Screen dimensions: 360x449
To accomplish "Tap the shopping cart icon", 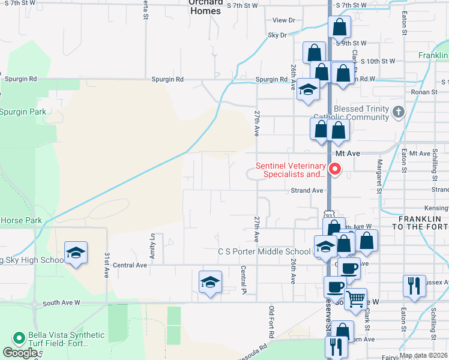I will click(x=356, y=298).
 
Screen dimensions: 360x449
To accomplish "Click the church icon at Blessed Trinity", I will click(x=397, y=112).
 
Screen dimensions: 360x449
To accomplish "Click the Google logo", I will click(x=20, y=353).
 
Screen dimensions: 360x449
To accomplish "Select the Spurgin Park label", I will click(x=23, y=112).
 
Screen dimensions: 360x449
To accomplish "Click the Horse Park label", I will click(x=21, y=220).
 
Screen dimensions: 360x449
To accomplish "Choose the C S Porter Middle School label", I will click(x=264, y=251).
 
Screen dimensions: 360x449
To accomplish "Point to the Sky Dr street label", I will click(x=277, y=35).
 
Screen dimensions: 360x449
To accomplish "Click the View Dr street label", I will click(x=283, y=20).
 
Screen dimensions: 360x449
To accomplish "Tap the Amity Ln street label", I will click(x=153, y=243).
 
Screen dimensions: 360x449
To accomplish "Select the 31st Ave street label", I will click(x=106, y=264).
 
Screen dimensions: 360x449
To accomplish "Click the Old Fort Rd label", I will click(x=271, y=320).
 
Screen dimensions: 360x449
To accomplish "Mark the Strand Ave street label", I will click(x=307, y=190).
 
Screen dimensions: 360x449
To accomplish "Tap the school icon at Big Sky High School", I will click(x=76, y=253).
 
